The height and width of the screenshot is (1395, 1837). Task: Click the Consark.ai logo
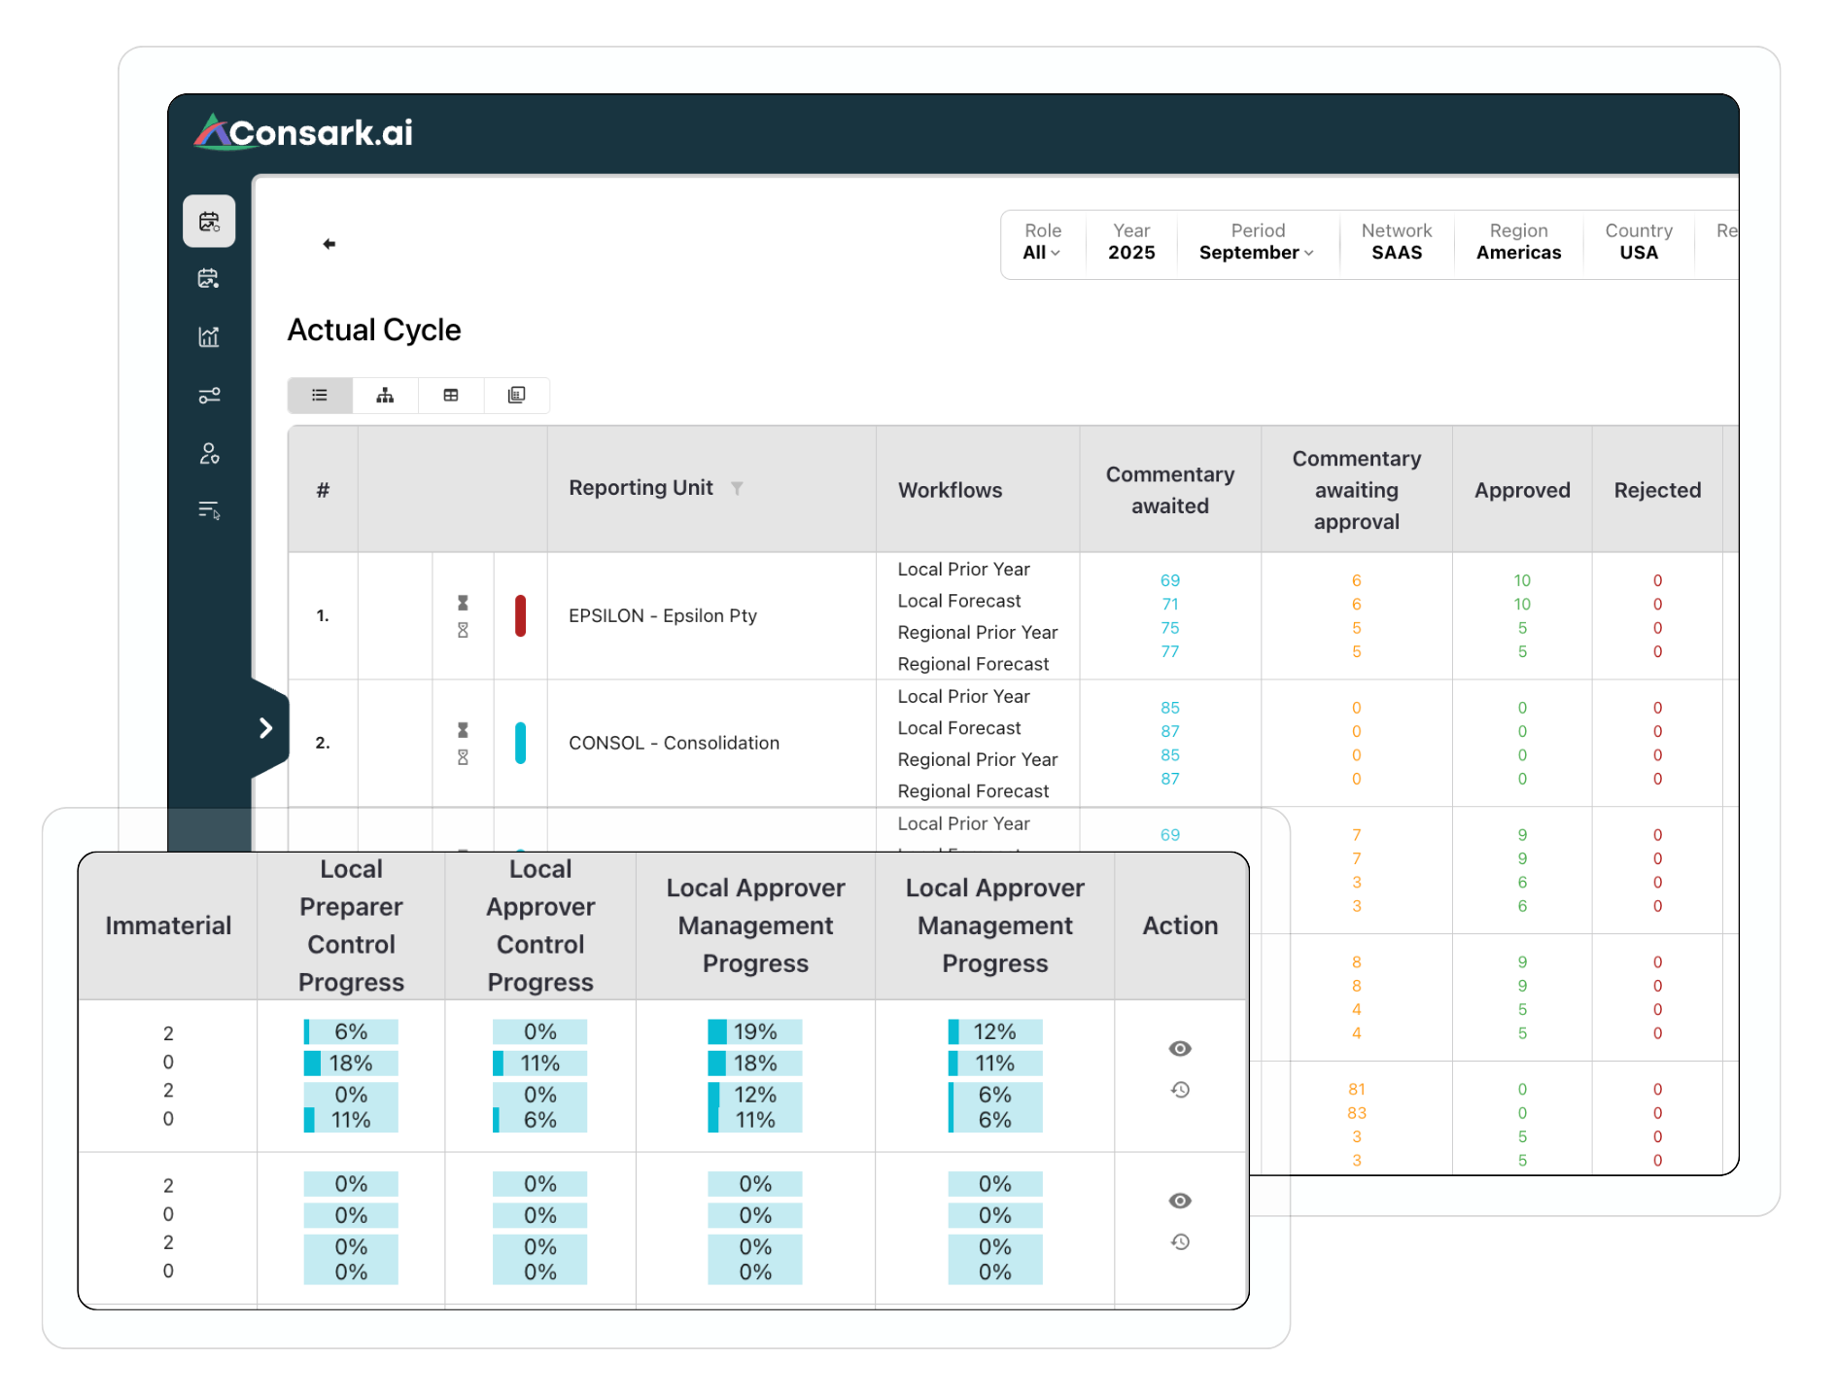click(x=304, y=132)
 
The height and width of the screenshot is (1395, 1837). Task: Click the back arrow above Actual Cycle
click(x=329, y=244)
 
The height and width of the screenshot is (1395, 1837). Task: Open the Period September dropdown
click(x=1257, y=252)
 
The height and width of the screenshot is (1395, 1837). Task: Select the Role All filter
click(x=1041, y=252)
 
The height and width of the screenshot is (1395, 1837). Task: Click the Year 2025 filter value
click(x=1131, y=252)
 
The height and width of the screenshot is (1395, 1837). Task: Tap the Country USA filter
click(x=1639, y=252)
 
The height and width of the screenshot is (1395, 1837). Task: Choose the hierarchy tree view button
click(x=385, y=396)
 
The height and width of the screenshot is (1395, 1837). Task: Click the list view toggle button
click(x=320, y=396)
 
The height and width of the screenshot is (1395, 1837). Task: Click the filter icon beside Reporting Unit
click(x=737, y=488)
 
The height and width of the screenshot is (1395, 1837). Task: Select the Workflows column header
click(x=950, y=490)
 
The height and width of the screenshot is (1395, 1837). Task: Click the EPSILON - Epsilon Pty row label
click(x=662, y=615)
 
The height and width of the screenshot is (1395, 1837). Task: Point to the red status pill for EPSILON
click(x=520, y=615)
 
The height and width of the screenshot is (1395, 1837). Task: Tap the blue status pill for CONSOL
click(x=520, y=743)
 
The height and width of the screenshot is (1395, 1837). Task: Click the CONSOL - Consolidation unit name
click(x=674, y=743)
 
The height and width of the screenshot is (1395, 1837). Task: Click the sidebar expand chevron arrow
click(x=265, y=728)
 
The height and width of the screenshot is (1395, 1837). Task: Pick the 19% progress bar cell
click(x=755, y=1031)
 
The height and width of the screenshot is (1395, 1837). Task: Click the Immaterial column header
click(x=168, y=925)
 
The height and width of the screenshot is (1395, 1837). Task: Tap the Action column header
click(x=1180, y=925)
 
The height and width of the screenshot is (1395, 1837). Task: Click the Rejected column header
click(x=1657, y=490)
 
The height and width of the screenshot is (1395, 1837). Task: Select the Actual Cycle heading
click(x=374, y=331)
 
